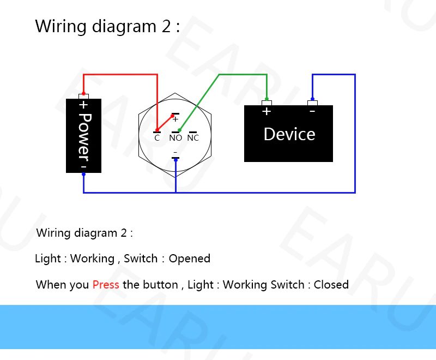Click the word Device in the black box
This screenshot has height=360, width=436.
coord(289,134)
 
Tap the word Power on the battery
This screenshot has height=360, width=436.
coord(84,137)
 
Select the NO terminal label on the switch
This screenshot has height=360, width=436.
coord(175,137)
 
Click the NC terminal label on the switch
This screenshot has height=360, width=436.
coord(193,137)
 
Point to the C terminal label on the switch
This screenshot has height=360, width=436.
coord(157,138)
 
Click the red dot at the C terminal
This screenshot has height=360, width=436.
coord(157,130)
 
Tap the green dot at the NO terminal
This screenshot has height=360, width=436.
coord(180,130)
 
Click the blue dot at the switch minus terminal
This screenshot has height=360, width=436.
coord(175,160)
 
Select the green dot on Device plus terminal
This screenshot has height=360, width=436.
coord(267,99)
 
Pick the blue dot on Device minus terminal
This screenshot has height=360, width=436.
coord(312,99)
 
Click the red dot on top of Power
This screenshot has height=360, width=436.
coord(83,94)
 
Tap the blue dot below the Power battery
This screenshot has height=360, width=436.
coord(83,174)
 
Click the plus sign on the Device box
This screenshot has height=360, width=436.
coord(267,111)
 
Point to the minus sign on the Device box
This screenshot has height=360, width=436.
coord(312,112)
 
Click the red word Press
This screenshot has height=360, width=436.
coord(106,285)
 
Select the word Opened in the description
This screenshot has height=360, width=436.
coord(189,259)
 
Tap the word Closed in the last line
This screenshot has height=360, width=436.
coord(331,285)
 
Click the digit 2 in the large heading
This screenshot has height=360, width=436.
coord(166,26)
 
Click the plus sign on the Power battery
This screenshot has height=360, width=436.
coord(84,105)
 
